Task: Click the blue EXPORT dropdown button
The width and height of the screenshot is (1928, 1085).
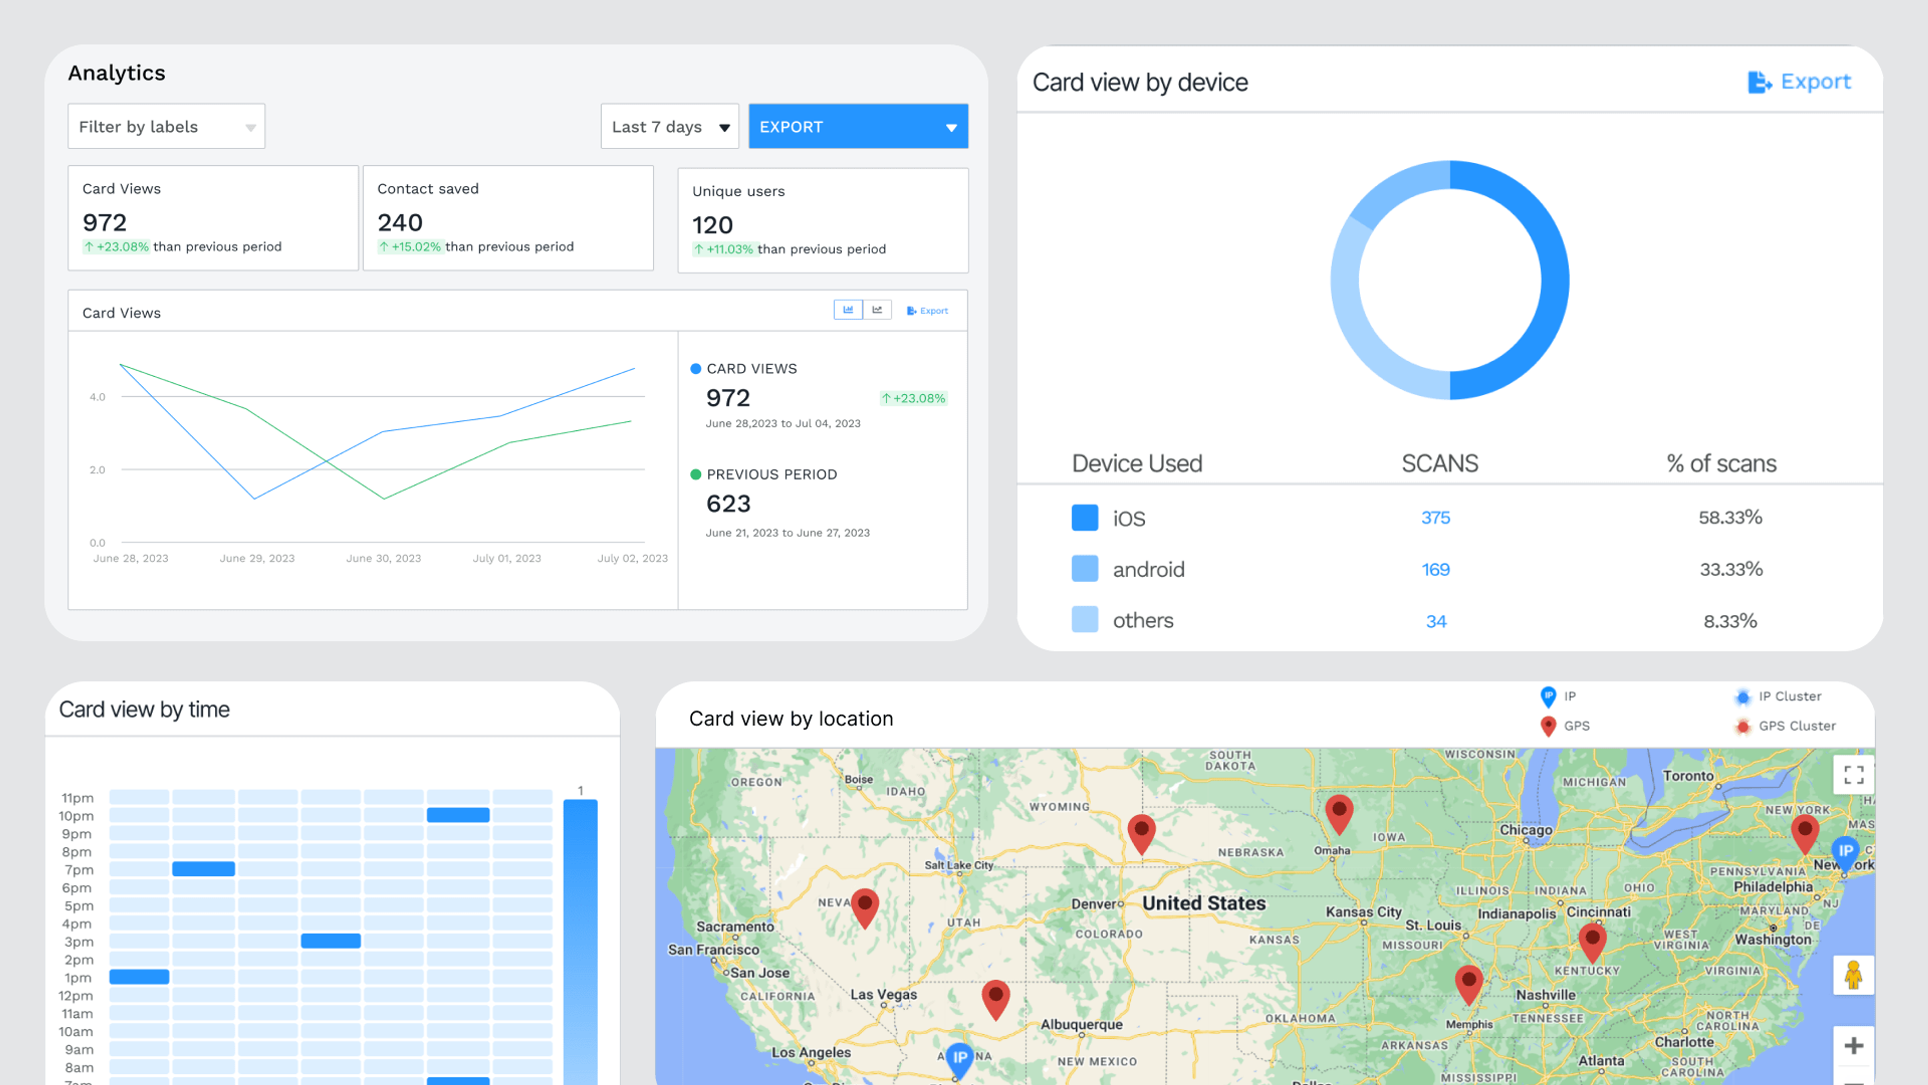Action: coord(858,127)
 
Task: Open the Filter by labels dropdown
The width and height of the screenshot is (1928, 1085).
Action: coord(166,127)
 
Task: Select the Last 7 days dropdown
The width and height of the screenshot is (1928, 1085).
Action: coord(669,127)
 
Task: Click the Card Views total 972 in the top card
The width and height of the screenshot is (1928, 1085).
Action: coord(105,223)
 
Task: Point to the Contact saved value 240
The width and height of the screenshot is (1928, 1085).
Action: coord(400,223)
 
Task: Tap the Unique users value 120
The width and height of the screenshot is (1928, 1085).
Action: coord(712,225)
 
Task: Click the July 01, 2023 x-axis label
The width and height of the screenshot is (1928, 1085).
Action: coord(507,559)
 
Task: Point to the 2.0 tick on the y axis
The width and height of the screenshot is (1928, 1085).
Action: coord(97,470)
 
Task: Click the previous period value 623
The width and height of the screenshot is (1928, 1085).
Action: coord(728,504)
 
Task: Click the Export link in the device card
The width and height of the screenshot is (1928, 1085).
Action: coord(1799,81)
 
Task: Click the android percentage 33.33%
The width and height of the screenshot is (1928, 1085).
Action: coord(1730,570)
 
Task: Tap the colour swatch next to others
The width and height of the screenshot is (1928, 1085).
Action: coord(1084,620)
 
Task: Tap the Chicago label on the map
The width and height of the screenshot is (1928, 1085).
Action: coord(1525,830)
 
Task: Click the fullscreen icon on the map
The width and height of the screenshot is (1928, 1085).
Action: coord(1853,775)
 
